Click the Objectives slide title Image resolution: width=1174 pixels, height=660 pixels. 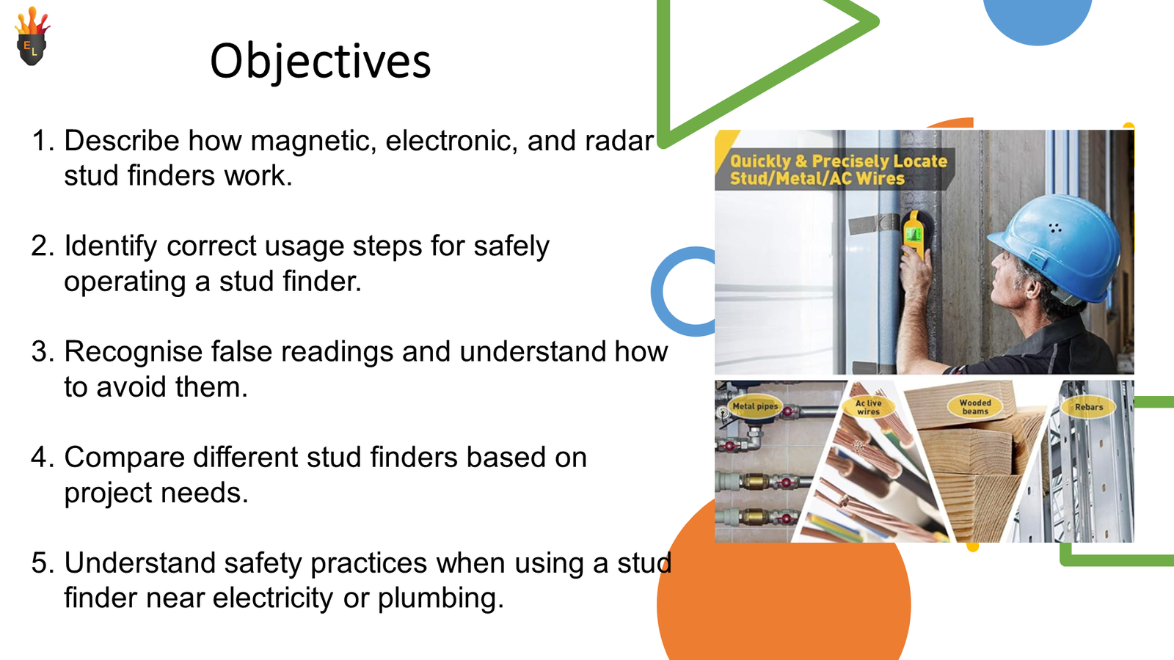(320, 61)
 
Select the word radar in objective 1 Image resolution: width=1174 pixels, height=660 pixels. (619, 141)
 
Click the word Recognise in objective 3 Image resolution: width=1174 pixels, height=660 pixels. (136, 352)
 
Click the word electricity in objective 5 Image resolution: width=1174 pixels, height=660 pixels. (273, 598)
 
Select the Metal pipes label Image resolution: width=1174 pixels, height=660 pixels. (754, 406)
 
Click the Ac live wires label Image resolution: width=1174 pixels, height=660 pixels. (869, 408)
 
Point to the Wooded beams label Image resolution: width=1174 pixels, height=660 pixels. (975, 407)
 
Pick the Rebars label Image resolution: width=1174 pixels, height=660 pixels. (1089, 407)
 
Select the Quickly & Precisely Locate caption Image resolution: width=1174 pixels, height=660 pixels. (838, 169)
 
